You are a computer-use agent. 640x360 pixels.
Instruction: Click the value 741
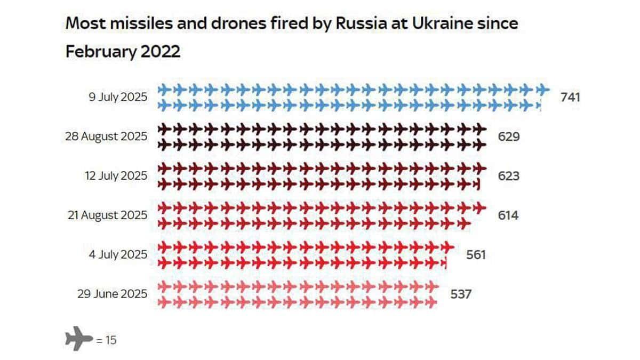click(570, 97)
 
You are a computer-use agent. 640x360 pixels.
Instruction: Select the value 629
click(508, 137)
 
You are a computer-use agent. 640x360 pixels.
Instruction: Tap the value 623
click(508, 176)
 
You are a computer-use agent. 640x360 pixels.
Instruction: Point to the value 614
click(508, 215)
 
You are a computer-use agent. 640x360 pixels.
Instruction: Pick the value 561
click(476, 255)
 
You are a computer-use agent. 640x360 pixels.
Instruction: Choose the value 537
click(461, 294)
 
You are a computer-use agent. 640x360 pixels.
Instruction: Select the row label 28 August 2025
click(105, 137)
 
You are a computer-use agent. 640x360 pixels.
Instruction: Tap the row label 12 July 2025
click(116, 176)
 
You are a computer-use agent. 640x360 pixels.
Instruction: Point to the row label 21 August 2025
click(107, 215)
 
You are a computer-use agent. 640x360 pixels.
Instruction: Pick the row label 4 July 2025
click(118, 255)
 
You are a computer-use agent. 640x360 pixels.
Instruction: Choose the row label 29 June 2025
click(112, 294)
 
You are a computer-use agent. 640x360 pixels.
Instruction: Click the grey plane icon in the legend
click(79, 338)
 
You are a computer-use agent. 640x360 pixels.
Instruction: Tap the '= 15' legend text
click(106, 339)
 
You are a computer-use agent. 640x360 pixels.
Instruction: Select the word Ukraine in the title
click(430, 25)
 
